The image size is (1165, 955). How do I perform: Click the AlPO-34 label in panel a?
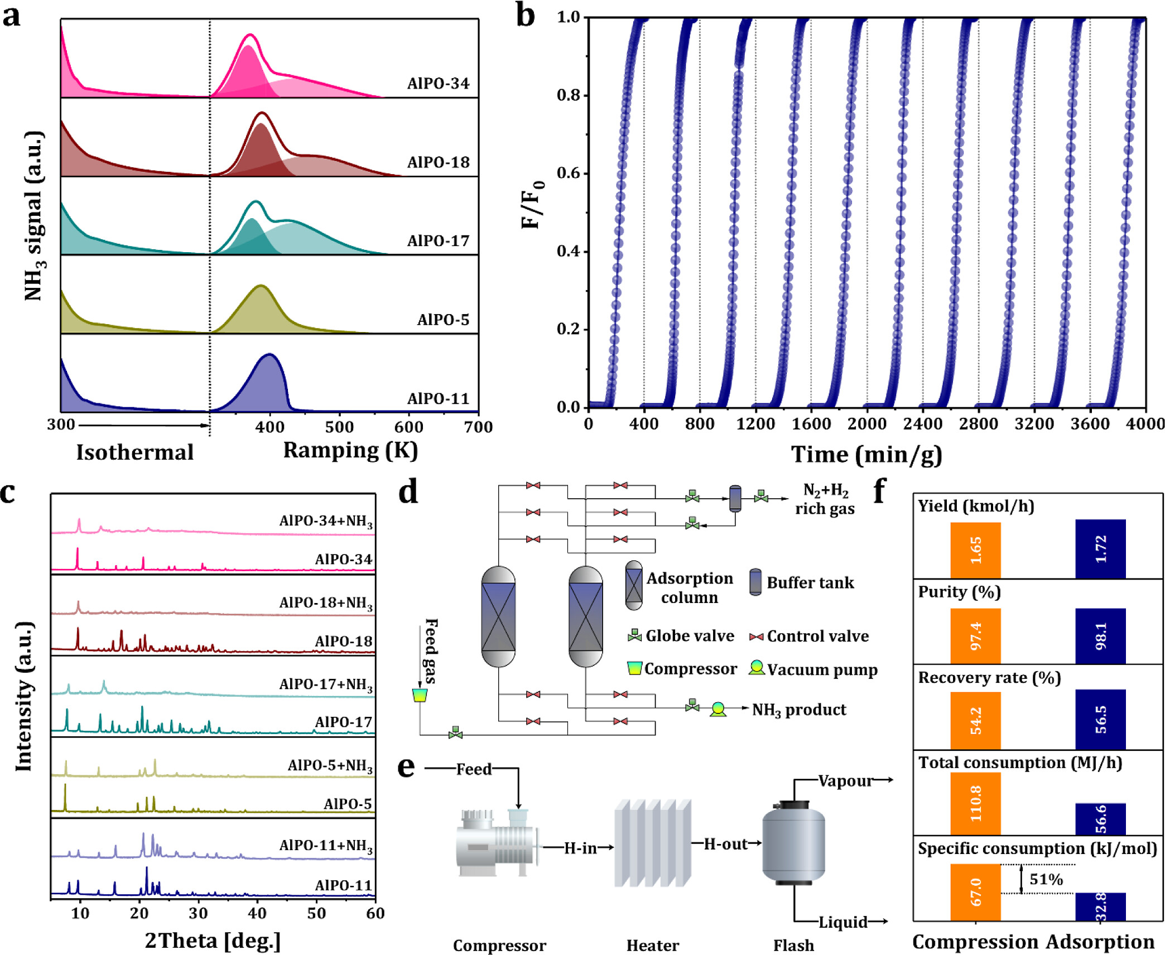point(438,84)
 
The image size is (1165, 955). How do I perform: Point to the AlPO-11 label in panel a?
point(438,399)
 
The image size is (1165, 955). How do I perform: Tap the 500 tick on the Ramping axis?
point(339,427)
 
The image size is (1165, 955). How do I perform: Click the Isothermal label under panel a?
point(134,452)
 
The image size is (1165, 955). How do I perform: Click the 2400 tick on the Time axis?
point(922,424)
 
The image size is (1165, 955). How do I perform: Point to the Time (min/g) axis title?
point(866,455)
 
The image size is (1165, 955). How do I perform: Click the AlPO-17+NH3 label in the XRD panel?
point(326,684)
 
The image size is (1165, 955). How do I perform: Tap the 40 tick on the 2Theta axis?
point(257,913)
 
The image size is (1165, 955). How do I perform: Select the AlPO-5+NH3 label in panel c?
point(330,765)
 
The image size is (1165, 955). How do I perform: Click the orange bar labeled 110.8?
point(975,803)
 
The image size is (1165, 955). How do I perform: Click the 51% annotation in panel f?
point(1046,880)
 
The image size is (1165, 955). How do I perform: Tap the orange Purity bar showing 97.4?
point(975,635)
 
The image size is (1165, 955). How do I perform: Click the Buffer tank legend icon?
point(755,582)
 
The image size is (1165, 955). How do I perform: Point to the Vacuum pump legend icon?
point(757,668)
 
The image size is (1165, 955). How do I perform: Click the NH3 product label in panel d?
point(799,710)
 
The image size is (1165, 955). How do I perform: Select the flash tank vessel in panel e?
point(793,842)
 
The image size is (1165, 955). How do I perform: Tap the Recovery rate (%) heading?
point(989,678)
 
